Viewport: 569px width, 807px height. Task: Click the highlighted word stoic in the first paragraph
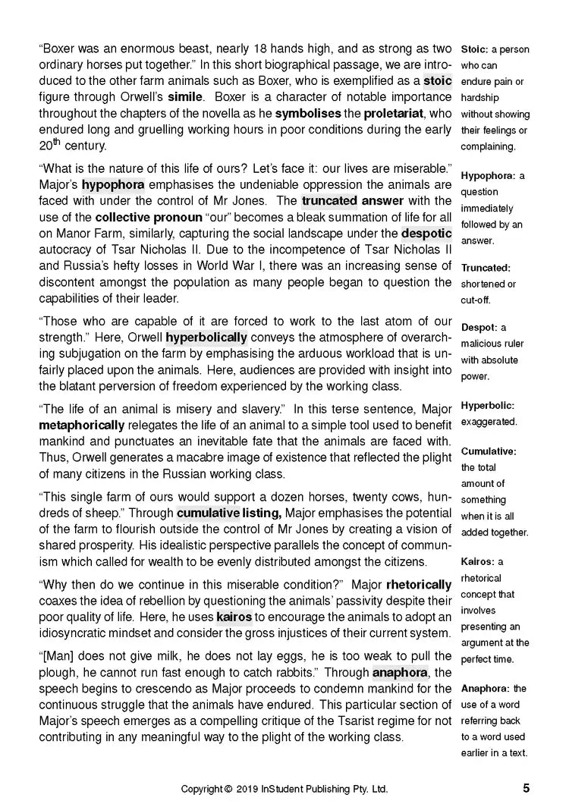tap(437, 80)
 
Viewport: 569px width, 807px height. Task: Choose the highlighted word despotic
tap(426, 234)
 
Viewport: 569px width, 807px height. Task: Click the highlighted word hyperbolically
tap(206, 338)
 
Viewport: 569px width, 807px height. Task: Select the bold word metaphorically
tap(81, 425)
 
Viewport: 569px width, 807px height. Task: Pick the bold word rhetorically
tap(419, 585)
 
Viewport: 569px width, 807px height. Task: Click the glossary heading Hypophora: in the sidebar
tap(489, 176)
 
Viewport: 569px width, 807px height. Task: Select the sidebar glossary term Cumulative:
tap(489, 451)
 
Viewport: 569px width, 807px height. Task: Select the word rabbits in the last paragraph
tap(292, 672)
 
